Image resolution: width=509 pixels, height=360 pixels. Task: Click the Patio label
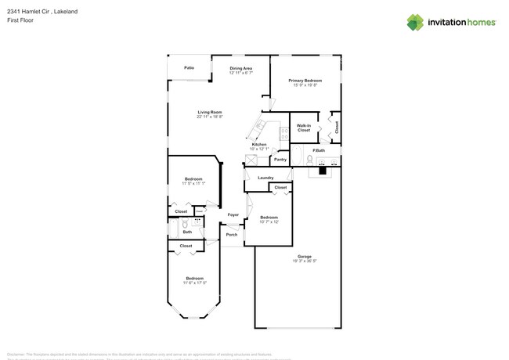[189, 68]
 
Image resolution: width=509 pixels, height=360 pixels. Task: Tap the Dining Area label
[240, 68]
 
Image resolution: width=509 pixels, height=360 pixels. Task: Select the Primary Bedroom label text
[305, 81]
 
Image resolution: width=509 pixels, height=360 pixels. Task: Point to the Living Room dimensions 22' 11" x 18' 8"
[210, 117]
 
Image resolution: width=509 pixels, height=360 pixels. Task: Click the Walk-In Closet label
[304, 128]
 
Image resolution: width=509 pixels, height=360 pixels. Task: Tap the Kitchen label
[259, 144]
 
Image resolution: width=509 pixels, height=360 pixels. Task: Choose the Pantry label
[280, 160]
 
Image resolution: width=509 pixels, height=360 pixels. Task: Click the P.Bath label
[319, 150]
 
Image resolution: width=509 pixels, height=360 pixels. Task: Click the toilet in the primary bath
[310, 160]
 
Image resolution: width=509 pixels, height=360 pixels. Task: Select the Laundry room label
[265, 178]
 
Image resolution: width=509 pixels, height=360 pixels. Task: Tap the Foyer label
[233, 214]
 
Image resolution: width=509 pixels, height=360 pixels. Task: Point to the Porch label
[232, 234]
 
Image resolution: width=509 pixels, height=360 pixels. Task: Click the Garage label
[305, 257]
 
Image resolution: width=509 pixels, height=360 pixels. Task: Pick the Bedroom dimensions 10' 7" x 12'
[269, 221]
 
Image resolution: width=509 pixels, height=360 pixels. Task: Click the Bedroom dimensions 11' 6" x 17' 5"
[194, 283]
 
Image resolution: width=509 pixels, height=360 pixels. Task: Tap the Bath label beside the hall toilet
[188, 232]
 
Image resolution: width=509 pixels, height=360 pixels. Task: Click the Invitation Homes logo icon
[415, 22]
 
